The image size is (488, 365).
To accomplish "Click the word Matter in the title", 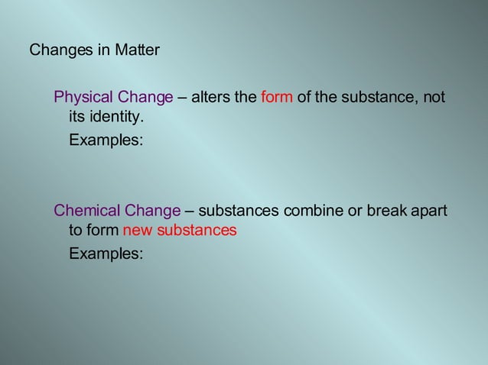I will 138,50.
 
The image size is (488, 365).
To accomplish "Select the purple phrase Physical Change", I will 113,97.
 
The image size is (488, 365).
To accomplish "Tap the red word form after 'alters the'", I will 277,97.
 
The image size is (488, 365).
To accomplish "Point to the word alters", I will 209,97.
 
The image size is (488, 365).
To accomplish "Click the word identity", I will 115,118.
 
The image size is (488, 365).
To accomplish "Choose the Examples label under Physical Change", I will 106,141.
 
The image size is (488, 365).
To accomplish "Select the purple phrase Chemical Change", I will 117,210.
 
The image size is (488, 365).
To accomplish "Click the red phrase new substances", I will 180,230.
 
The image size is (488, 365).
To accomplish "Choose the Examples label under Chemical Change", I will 106,254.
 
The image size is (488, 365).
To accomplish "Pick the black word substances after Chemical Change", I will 239,210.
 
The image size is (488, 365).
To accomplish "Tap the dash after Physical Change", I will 182,97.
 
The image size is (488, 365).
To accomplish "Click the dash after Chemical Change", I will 189,210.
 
